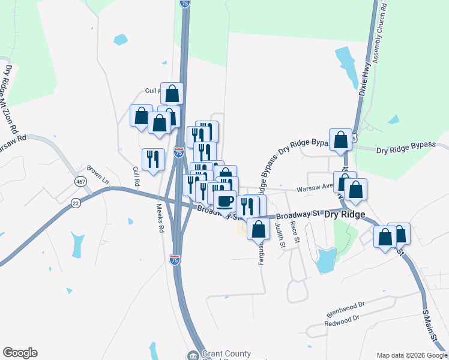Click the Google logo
[20, 353]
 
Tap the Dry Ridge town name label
[345, 214]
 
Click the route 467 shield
[80, 181]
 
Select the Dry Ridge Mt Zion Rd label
[11, 100]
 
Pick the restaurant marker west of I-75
[153, 159]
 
